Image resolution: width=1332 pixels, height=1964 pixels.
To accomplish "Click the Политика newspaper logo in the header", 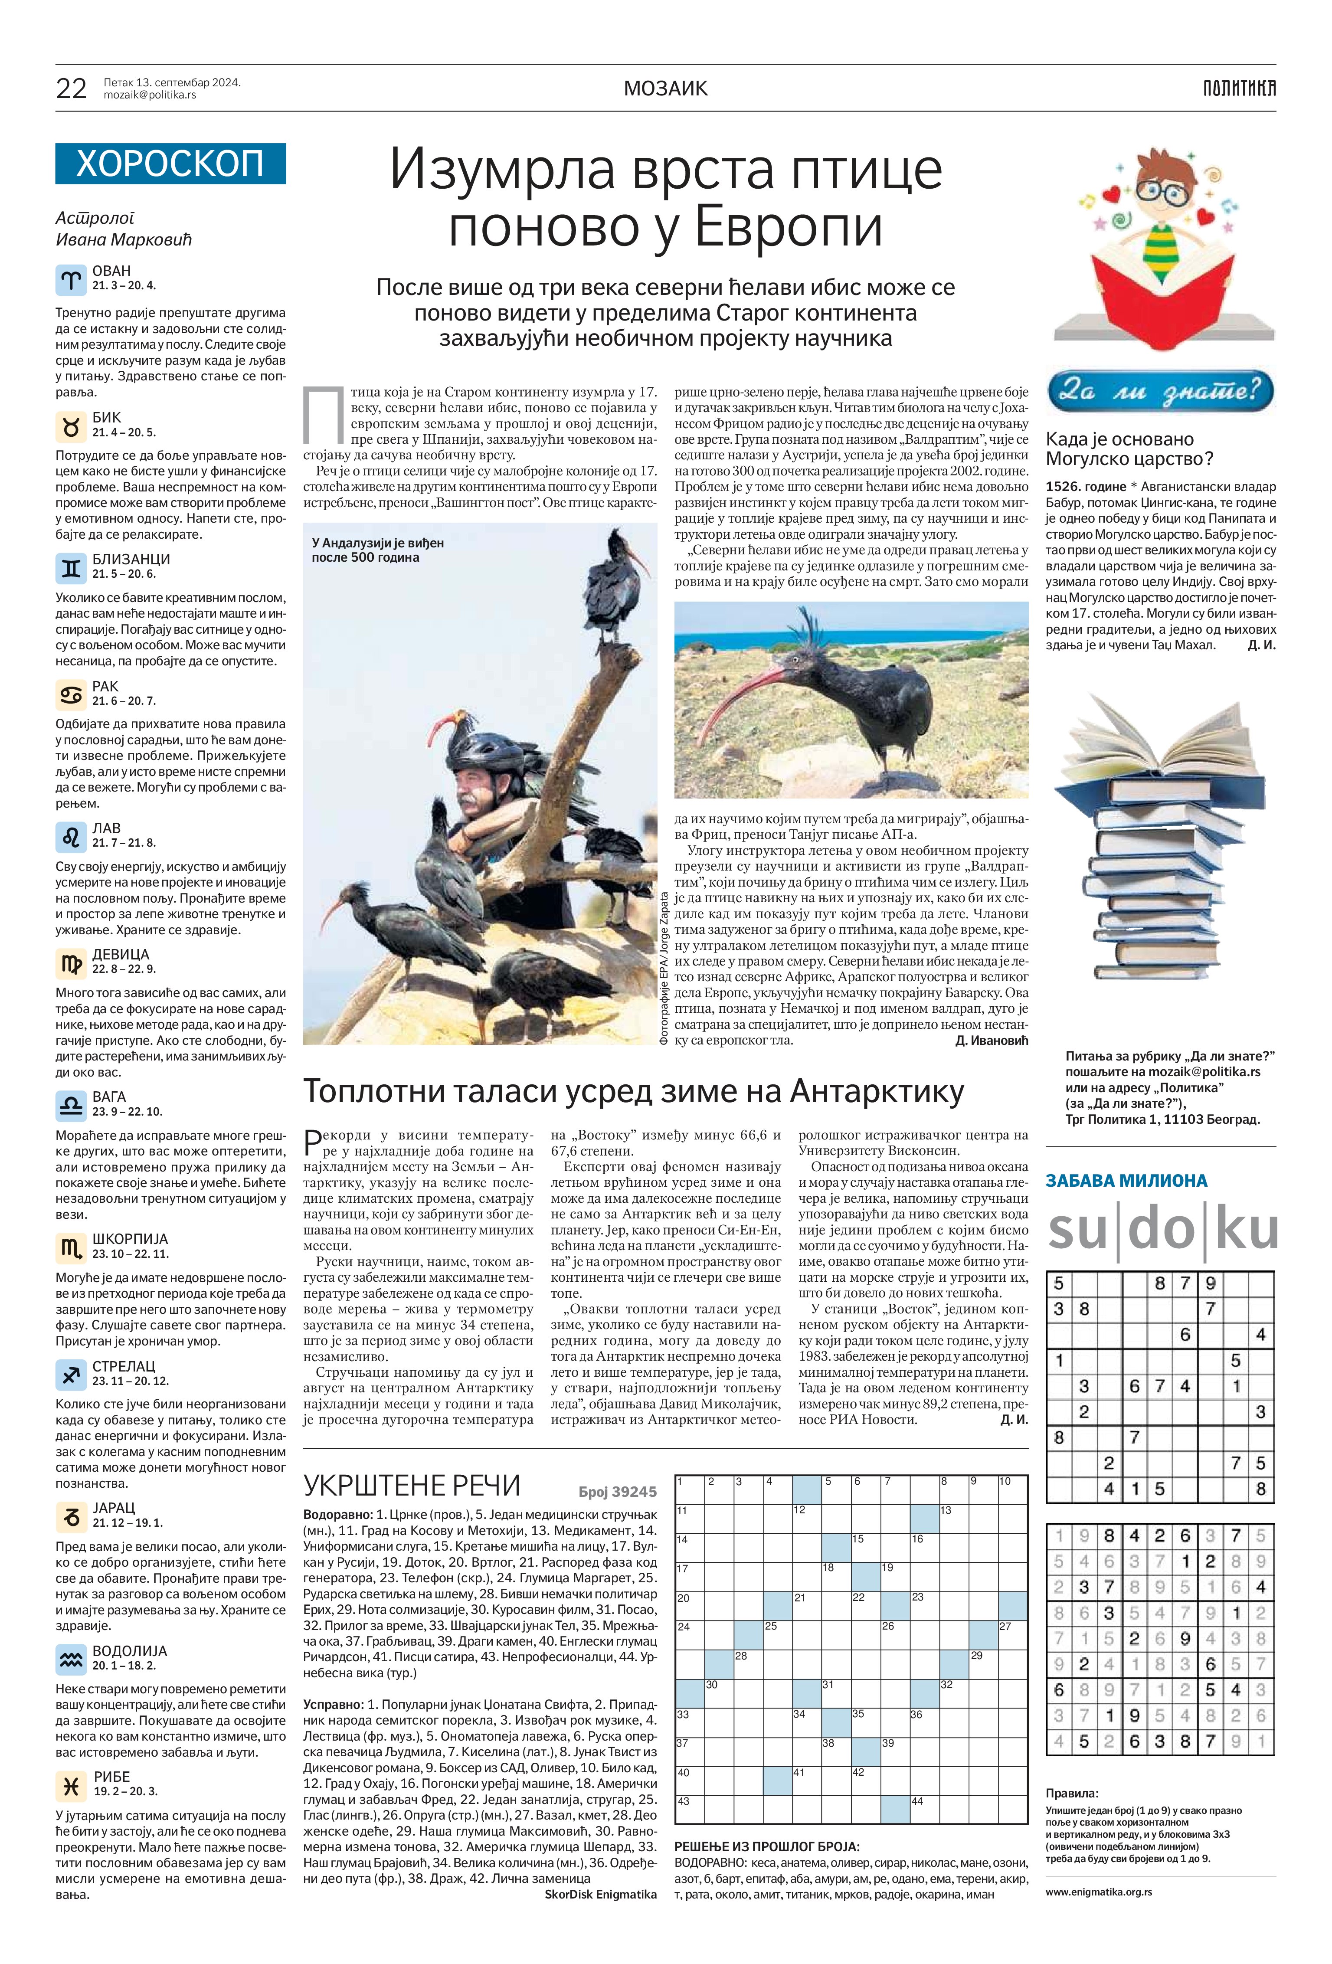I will [1239, 88].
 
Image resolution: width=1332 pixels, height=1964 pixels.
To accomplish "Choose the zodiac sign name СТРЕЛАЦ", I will [123, 1366].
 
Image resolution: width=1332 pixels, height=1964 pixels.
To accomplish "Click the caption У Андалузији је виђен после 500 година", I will [378, 550].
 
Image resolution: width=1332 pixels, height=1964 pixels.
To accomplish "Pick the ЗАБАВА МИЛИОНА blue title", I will [1126, 1181].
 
